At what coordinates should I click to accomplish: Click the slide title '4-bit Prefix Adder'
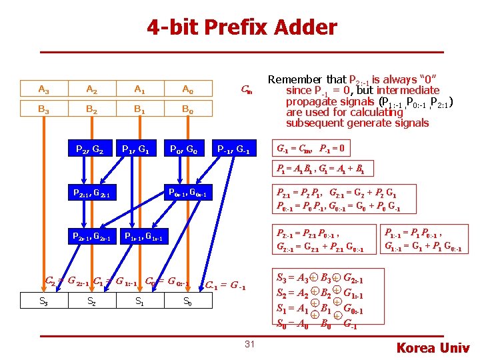click(242, 27)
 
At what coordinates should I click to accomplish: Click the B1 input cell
click(139, 109)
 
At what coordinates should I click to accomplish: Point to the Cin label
click(246, 89)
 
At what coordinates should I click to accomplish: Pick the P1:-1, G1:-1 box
click(144, 235)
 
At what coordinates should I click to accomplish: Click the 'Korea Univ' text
click(433, 347)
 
